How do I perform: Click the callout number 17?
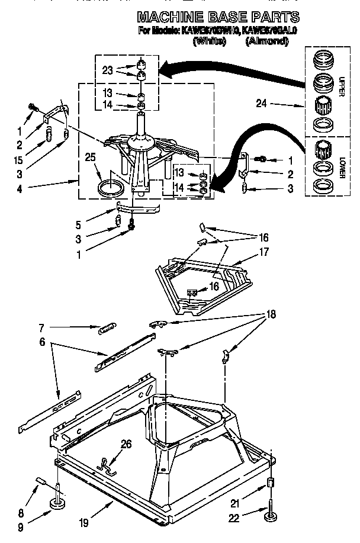263,252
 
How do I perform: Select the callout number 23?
107,70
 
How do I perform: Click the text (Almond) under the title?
266,41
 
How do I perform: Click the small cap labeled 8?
40,481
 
